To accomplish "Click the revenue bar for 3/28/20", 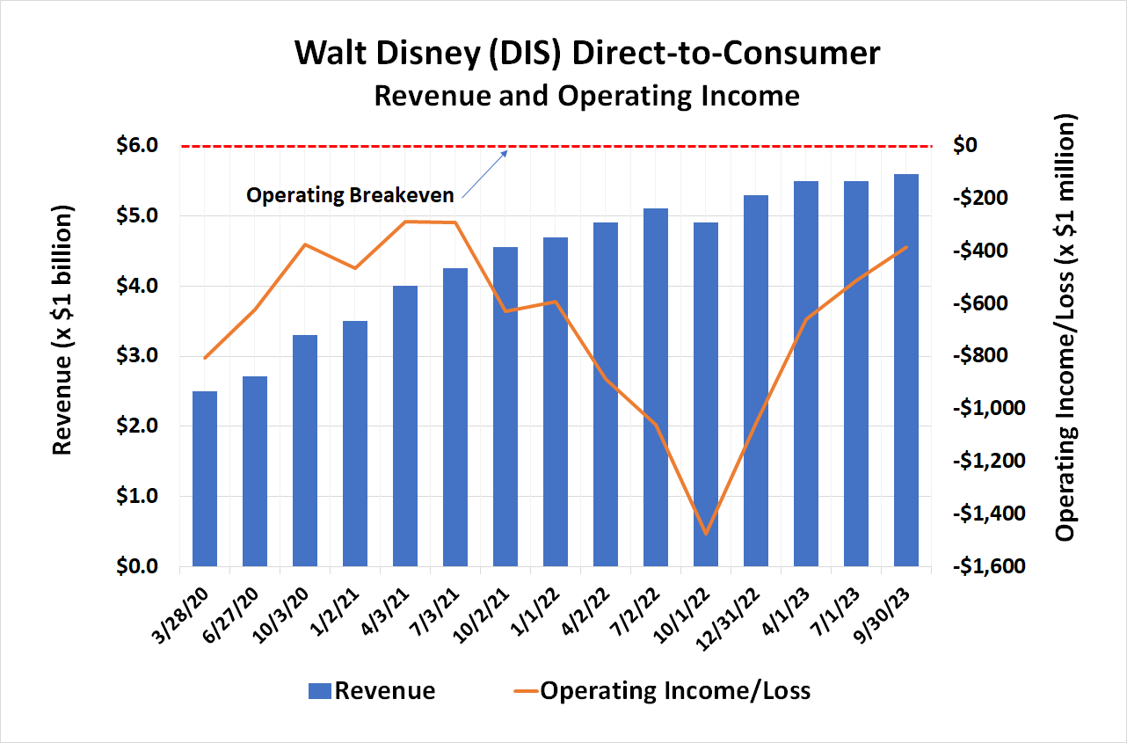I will [x=205, y=479].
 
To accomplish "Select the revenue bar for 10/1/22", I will [x=706, y=396].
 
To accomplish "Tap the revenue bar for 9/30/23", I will [x=906, y=370].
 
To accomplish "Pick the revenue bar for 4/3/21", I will [x=405, y=426].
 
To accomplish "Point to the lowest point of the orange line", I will [x=707, y=533].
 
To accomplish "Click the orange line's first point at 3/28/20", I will [x=205, y=358].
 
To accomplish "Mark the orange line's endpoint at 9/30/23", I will [x=906, y=247].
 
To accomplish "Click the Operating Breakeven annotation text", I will [x=350, y=195].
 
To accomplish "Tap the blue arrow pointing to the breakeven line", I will [x=484, y=173].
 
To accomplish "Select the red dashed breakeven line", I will [x=703, y=145].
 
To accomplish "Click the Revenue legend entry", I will [x=371, y=691].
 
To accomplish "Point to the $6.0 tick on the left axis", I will [x=136, y=145].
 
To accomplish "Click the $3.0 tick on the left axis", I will [x=136, y=356].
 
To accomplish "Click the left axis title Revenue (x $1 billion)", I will [x=62, y=330].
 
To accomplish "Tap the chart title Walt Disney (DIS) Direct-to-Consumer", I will [x=586, y=54].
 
